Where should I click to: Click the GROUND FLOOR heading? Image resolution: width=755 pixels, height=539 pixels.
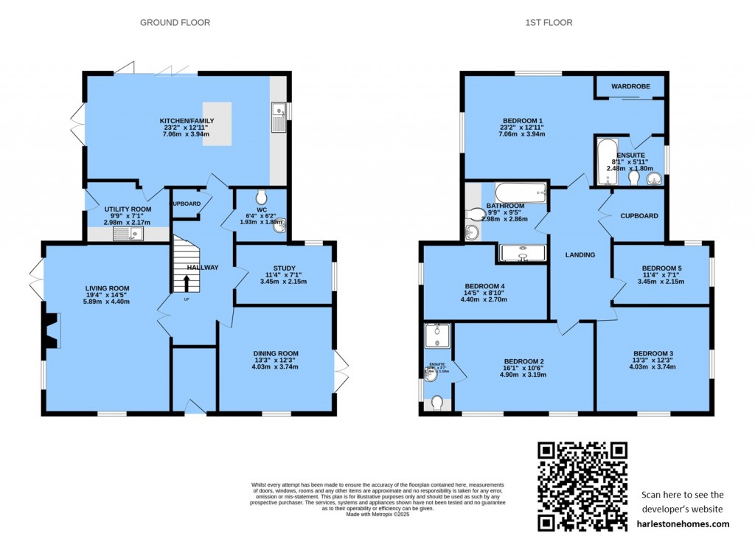coord(175,23)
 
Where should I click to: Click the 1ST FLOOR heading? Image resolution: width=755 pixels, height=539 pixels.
coord(549,23)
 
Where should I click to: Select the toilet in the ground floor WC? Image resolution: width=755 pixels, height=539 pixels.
coord(262,197)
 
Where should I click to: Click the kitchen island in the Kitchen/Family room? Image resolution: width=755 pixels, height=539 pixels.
coord(218,124)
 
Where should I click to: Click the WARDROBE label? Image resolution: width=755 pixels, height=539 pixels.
coord(630,86)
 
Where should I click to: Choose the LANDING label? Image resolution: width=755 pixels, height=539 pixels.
coord(580,255)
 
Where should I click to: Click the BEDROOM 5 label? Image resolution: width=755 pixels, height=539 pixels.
coord(661,268)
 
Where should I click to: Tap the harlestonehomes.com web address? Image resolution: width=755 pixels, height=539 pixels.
coord(683,524)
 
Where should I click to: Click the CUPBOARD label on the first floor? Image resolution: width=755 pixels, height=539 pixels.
coord(639,216)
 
